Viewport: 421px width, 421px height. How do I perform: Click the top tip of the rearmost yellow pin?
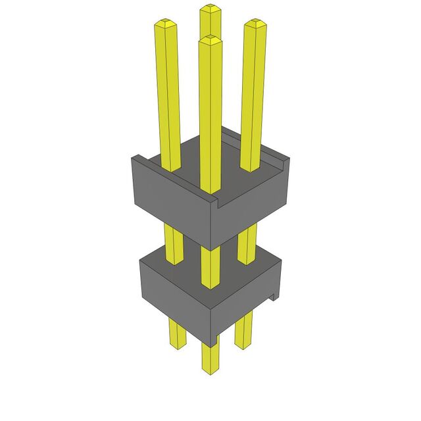coord(210,9)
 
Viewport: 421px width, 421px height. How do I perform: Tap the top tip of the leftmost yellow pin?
coord(164,24)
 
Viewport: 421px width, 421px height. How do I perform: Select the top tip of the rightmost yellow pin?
coord(256,25)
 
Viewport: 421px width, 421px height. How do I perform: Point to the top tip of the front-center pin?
coord(210,41)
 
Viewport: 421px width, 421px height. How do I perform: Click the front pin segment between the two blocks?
coord(210,266)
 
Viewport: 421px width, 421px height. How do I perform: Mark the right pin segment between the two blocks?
coord(247,243)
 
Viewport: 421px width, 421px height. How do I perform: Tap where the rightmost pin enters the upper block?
coord(251,168)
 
